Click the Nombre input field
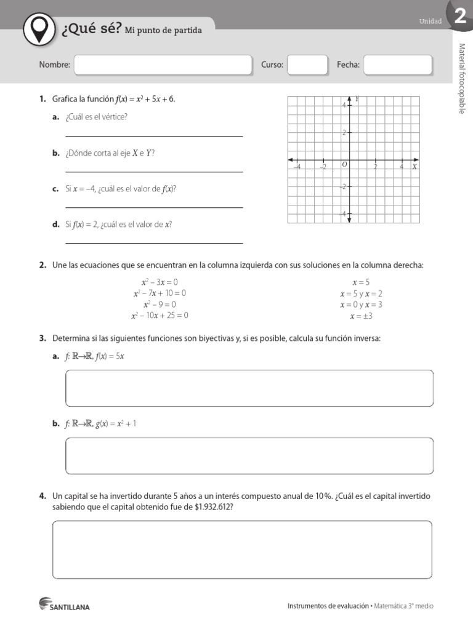163,65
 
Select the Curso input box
307,65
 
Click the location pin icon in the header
40,28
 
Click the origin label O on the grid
344,164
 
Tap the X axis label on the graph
414,166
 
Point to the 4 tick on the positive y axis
344,105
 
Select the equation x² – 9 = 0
160,305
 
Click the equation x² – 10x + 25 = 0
160,316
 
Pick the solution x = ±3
362,316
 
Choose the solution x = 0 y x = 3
361,305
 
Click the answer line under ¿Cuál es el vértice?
154,135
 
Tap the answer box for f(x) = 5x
249,388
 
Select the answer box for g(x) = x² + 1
249,455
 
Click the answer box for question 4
242,549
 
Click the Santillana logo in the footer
64,605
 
